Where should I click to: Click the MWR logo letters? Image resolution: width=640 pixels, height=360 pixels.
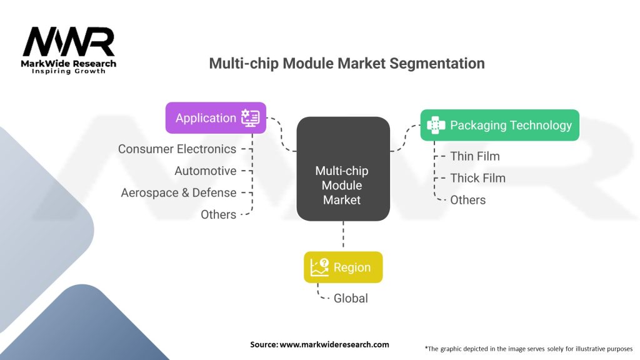[x=69, y=42]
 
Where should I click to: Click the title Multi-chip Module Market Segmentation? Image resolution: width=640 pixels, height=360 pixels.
[x=347, y=63]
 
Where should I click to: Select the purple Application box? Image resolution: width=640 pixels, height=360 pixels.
[x=216, y=117]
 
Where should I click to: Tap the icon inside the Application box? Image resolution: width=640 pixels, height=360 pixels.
[x=250, y=117]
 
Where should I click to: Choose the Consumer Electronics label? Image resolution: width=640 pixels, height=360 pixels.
[x=177, y=149]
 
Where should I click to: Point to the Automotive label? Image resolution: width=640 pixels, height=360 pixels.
[x=205, y=171]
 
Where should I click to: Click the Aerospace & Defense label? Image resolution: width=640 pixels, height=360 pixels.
[x=178, y=192]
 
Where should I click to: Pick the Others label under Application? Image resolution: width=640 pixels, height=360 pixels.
[x=218, y=214]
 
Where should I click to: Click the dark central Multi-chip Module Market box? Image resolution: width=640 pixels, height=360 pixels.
[x=343, y=169]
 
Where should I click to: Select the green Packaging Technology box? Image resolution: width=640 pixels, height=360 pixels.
[x=499, y=125]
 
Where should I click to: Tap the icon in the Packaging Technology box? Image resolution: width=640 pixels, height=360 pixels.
[x=436, y=125]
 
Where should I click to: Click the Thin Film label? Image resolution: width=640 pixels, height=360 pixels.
[x=475, y=156]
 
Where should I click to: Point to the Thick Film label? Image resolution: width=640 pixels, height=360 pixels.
[x=477, y=178]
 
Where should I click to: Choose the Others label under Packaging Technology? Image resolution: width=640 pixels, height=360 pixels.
[x=467, y=200]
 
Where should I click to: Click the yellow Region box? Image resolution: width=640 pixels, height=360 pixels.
[x=343, y=267]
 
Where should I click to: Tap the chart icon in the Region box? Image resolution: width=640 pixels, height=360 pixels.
[x=319, y=267]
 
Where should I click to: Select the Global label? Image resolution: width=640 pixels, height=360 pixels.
[x=351, y=298]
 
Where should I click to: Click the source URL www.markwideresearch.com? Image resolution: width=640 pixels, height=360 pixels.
[x=334, y=344]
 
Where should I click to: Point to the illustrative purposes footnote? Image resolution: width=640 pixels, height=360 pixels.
[x=529, y=349]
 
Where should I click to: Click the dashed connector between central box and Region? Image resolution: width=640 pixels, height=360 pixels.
[x=343, y=234]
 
